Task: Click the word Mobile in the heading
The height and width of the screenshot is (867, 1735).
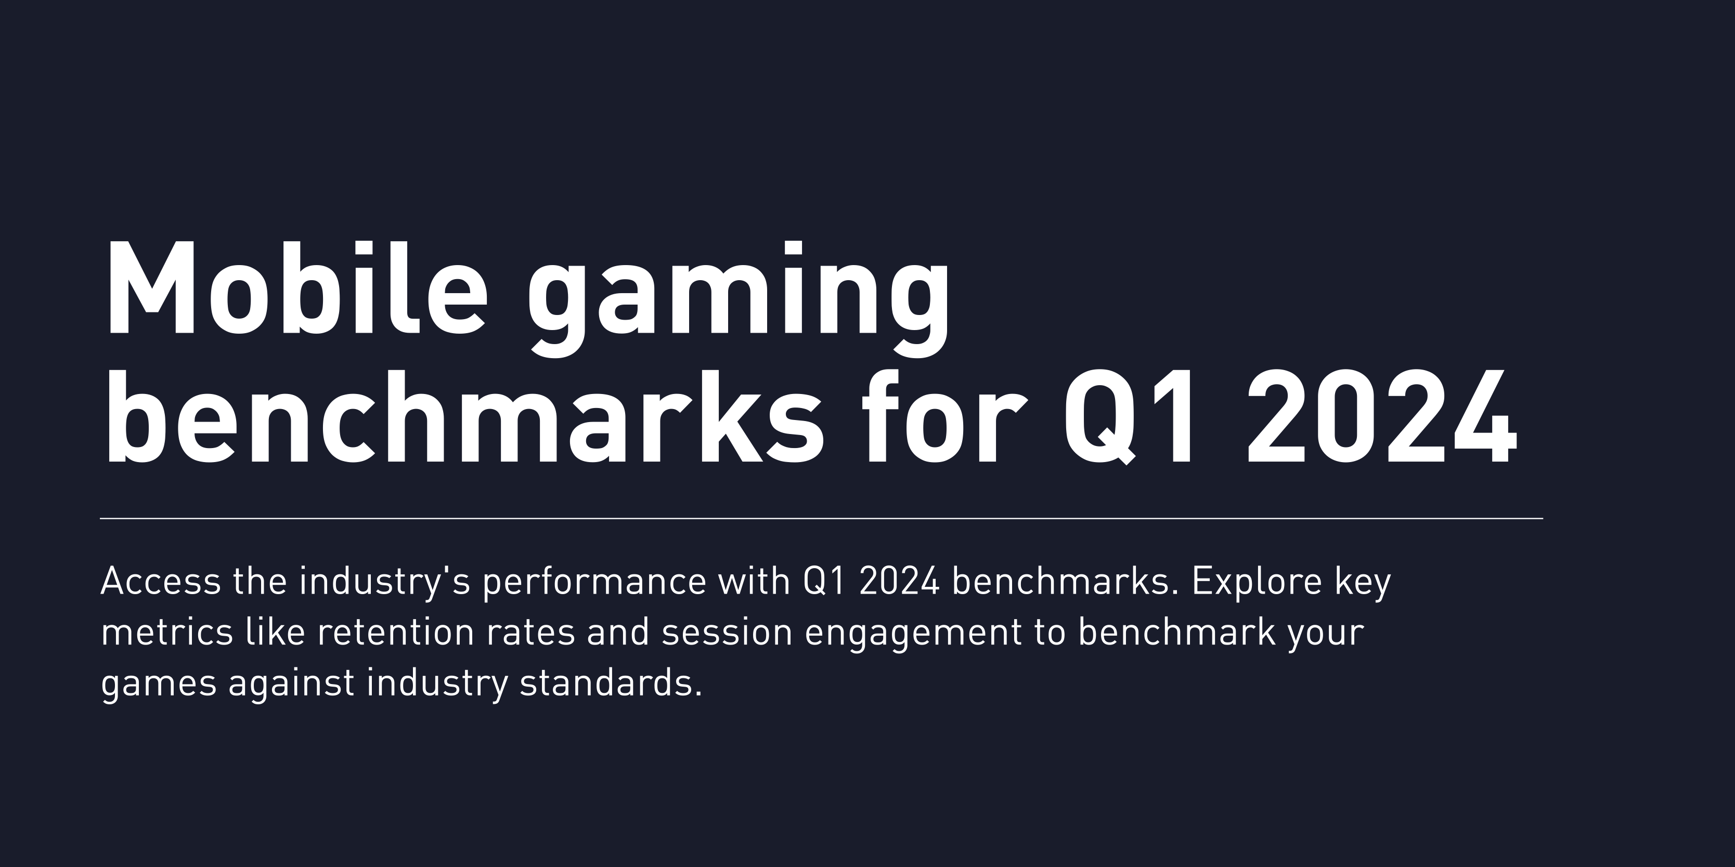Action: [x=294, y=290]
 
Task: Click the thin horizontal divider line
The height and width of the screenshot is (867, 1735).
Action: [x=821, y=518]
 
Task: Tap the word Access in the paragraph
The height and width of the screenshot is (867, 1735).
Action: [x=160, y=582]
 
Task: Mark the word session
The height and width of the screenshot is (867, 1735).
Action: [x=727, y=633]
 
